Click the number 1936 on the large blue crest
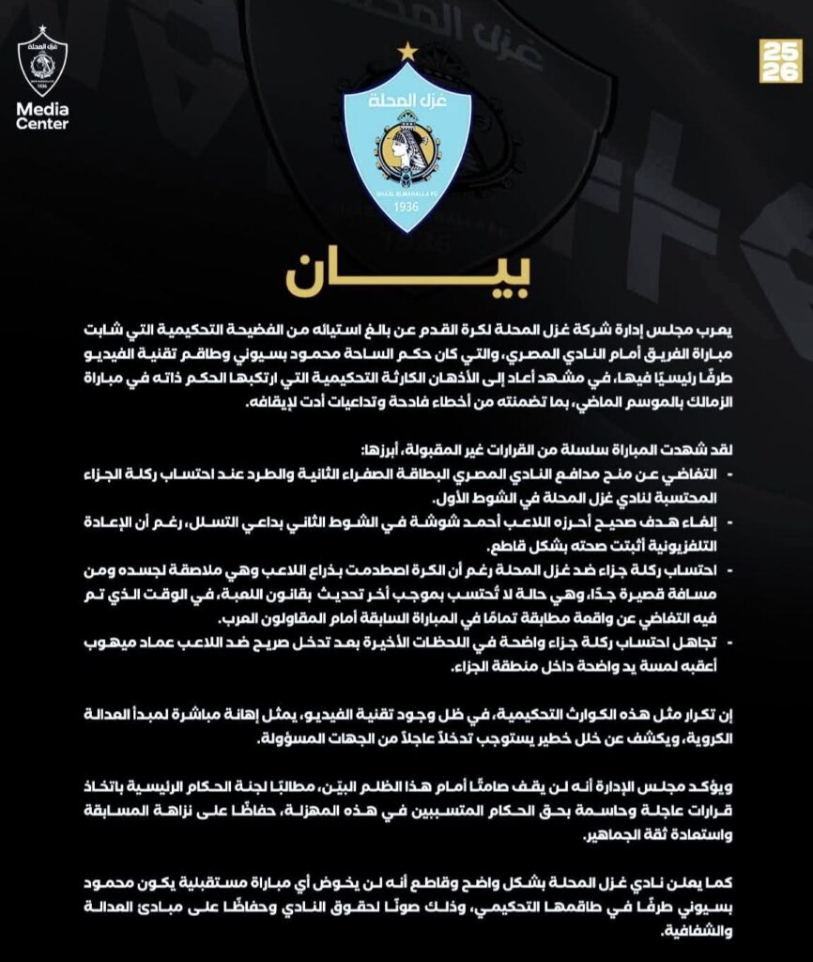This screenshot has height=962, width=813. pos(406,206)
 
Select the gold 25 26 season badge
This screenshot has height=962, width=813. pos(779,60)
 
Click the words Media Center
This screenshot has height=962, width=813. pos(42,116)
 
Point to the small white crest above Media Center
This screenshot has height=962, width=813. pos(42,63)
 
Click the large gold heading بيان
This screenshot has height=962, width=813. pos(406,273)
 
